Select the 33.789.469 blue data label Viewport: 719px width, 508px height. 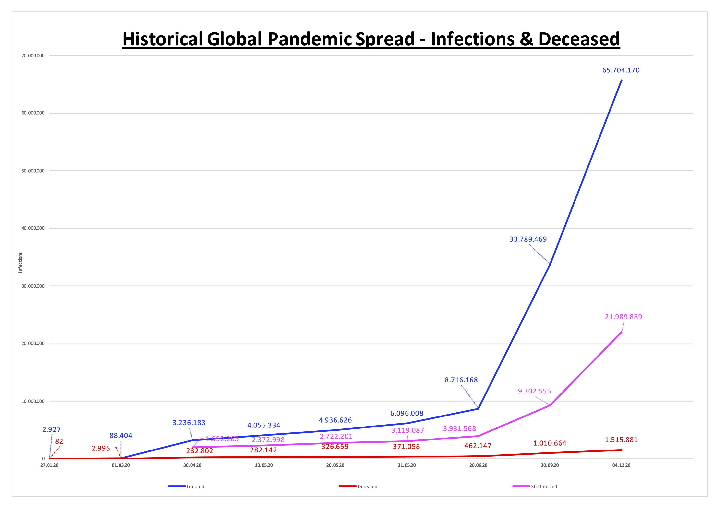pos(528,239)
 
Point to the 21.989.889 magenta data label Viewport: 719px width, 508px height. pos(623,317)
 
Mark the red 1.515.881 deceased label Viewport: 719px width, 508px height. pos(621,440)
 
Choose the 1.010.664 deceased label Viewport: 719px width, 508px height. pos(550,443)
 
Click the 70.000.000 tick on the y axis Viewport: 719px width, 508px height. pos(33,56)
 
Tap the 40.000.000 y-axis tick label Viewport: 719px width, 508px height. pos(33,228)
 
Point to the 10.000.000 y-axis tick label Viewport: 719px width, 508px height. pos(33,401)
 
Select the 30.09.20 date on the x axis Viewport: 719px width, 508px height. pos(550,465)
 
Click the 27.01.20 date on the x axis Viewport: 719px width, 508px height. pos(49,465)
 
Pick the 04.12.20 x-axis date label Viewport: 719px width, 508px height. pos(621,465)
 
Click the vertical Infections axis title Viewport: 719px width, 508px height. pos(20,263)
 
